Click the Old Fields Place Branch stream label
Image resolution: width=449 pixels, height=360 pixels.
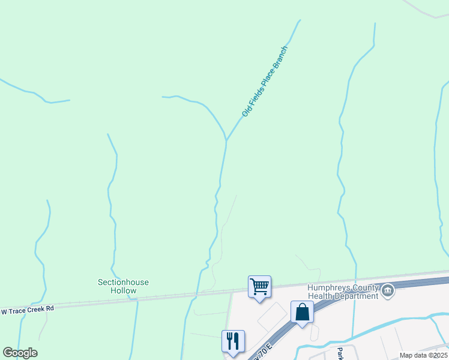pos(265,82)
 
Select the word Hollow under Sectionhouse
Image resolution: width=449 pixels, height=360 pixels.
pos(123,290)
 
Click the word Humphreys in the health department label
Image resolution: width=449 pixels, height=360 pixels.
pos(327,287)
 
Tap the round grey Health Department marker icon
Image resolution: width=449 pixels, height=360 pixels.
pos(388,292)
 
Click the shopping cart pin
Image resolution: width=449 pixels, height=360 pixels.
pos(259,286)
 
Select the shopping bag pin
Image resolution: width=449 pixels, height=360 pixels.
pos(302,312)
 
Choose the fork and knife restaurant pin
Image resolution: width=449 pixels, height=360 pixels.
pos(233,341)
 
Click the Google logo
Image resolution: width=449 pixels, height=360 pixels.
pos(20,353)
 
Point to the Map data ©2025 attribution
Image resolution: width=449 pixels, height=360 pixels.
pos(424,355)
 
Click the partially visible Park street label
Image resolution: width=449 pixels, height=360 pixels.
pos(340,353)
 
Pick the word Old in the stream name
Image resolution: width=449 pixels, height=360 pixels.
pos(246,111)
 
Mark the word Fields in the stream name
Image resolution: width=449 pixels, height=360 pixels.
pos(253,98)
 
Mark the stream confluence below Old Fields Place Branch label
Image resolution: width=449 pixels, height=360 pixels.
pos(226,140)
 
